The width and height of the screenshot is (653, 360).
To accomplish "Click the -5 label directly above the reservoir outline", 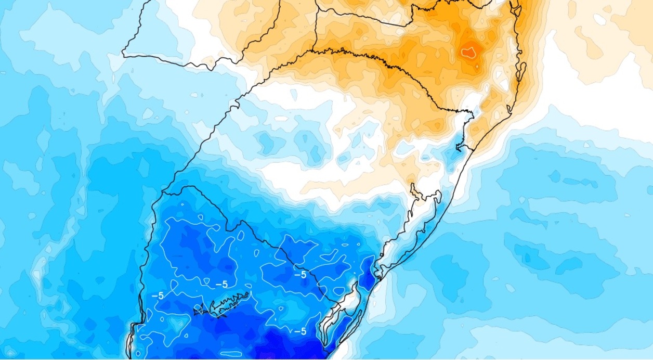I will coord(221,285).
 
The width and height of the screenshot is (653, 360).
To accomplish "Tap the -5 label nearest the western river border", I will coord(158,295).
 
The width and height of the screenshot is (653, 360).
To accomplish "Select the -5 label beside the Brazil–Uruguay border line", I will coord(300,275).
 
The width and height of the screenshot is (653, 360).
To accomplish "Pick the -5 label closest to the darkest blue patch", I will coord(300,331).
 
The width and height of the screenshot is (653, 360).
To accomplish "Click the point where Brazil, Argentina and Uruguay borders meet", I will coord(163,192).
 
